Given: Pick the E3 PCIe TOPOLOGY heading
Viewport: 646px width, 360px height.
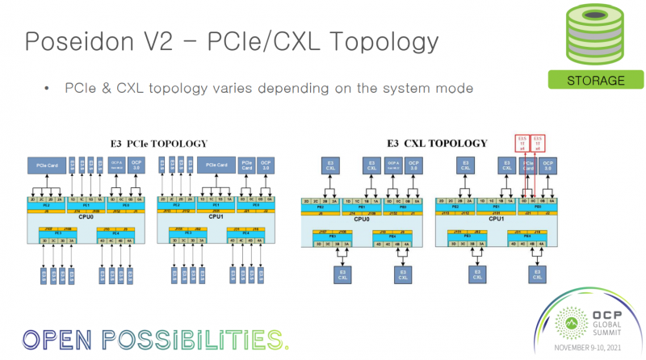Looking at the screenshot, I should [x=159, y=144].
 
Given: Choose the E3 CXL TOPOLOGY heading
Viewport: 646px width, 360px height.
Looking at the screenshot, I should [x=437, y=144].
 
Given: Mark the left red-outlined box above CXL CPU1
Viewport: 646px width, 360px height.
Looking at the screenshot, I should [x=521, y=143].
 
